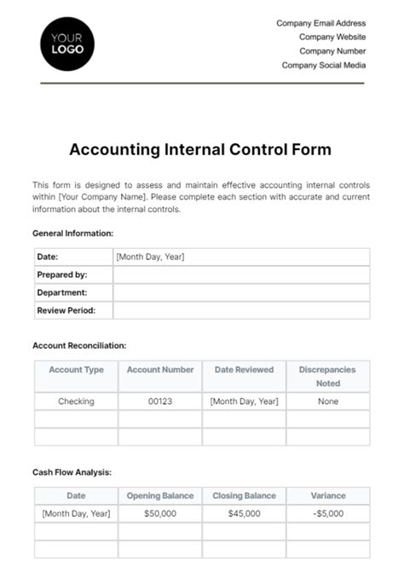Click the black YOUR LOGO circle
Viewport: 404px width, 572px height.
(x=67, y=43)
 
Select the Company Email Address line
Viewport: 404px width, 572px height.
(x=320, y=24)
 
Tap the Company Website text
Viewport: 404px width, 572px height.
(x=332, y=38)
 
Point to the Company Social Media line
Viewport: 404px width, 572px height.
(x=324, y=65)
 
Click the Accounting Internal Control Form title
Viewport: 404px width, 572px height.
(x=200, y=149)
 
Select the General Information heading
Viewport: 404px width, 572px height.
(x=72, y=233)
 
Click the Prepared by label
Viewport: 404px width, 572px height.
(x=62, y=274)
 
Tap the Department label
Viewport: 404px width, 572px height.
(x=62, y=292)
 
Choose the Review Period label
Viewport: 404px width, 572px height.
(x=66, y=310)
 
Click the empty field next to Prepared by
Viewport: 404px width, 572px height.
(x=241, y=274)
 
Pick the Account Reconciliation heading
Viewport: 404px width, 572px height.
(x=79, y=345)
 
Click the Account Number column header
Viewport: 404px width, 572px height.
(x=160, y=370)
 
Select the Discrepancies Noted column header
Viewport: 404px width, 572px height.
(x=327, y=376)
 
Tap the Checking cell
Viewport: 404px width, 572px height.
(x=76, y=401)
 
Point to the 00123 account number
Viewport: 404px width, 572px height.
(x=160, y=401)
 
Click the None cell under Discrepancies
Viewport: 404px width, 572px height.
(x=327, y=401)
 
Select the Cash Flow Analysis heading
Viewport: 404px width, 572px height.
(x=72, y=471)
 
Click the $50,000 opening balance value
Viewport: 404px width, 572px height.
(x=160, y=513)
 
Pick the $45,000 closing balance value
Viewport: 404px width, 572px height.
(x=244, y=513)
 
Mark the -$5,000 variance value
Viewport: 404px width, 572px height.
(x=327, y=513)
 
